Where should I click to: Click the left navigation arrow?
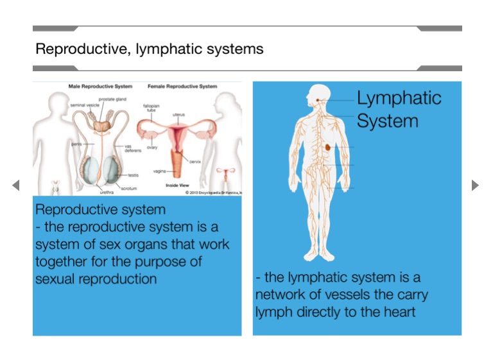tap(16, 185)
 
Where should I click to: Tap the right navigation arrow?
tap(475, 185)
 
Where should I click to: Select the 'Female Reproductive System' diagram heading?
tap(182, 86)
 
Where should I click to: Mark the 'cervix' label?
tap(195, 161)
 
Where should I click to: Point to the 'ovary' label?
tap(152, 147)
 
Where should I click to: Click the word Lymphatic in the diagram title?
tap(399, 98)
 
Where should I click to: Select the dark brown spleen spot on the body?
tap(328, 147)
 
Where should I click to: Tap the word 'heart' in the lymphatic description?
tap(398, 313)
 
